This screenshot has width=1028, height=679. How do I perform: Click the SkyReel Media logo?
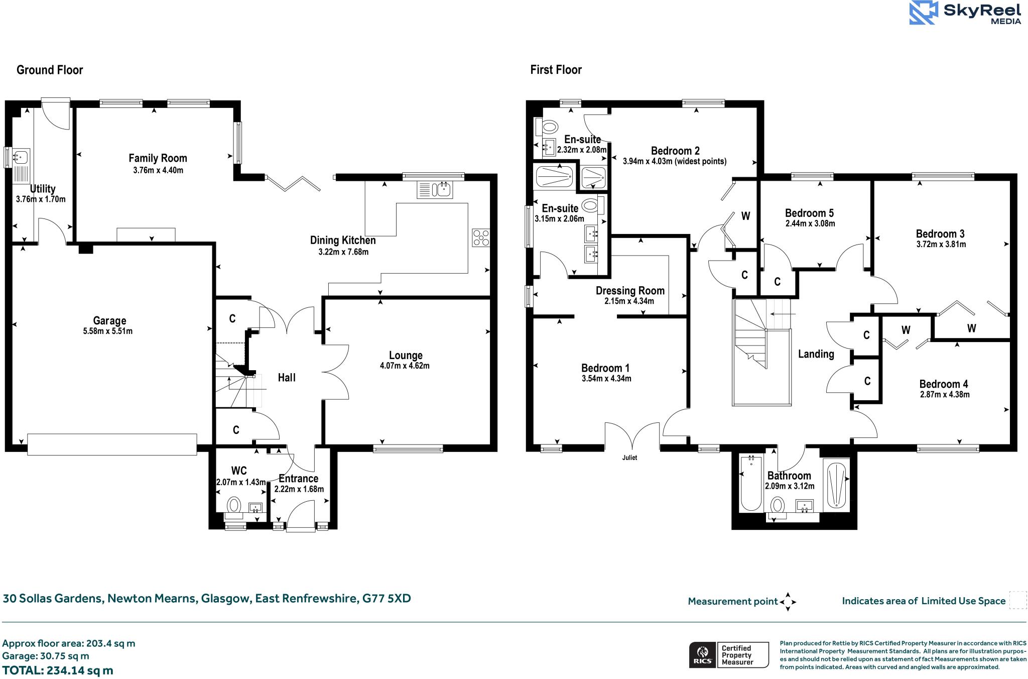click(965, 13)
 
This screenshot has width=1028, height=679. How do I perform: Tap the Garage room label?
click(109, 320)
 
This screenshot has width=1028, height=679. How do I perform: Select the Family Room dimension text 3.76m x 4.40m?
click(158, 170)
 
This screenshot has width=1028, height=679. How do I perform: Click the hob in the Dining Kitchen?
click(481, 238)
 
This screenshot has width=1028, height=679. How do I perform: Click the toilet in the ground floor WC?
click(233, 505)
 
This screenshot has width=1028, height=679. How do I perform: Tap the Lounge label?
click(406, 355)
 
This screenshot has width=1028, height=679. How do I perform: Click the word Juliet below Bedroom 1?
click(629, 458)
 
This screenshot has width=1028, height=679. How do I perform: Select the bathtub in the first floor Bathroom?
click(751, 483)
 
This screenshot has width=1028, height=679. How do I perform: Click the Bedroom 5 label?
click(809, 213)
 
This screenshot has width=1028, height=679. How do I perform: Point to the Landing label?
click(816, 354)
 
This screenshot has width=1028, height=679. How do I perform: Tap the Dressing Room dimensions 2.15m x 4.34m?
click(629, 301)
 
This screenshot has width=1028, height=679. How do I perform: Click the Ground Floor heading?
click(50, 70)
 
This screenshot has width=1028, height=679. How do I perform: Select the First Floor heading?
click(556, 70)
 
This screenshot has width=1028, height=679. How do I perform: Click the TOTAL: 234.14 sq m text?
click(58, 670)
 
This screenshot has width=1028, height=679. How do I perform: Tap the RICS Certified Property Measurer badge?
click(728, 655)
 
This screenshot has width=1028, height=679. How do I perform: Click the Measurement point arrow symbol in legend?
click(788, 601)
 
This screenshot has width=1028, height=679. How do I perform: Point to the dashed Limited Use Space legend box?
click(1017, 600)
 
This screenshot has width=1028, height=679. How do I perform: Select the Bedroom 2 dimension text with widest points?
click(674, 162)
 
